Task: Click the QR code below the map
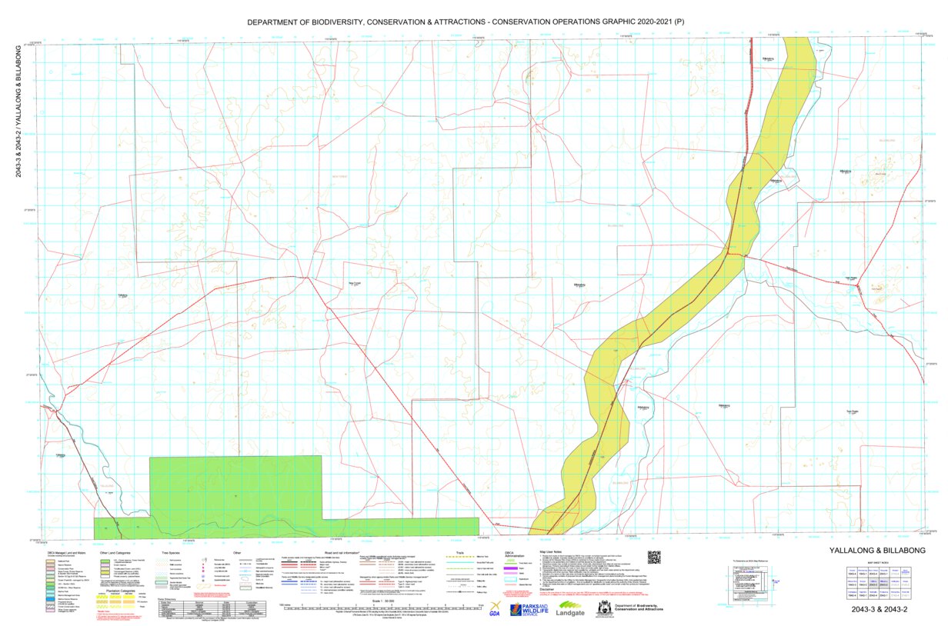click(655, 558)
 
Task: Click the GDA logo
click(494, 608)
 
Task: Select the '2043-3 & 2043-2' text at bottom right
click(879, 610)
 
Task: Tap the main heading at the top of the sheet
click(465, 22)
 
